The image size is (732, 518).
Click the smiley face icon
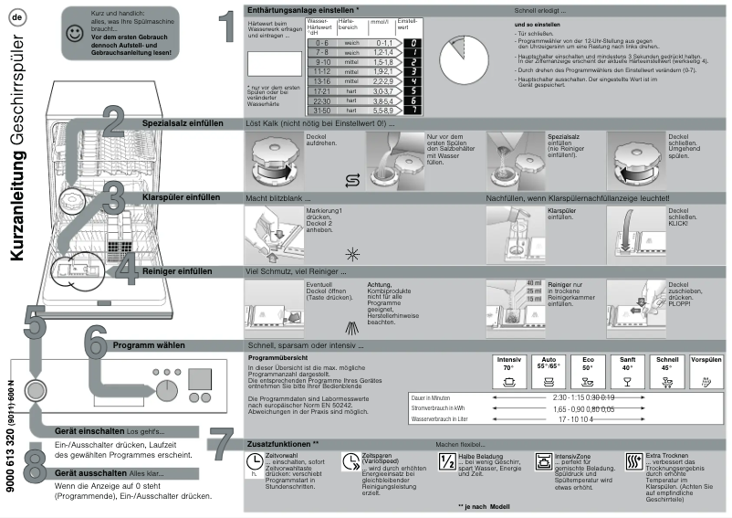coord(72,33)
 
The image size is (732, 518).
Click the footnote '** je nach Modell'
coord(485,505)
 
